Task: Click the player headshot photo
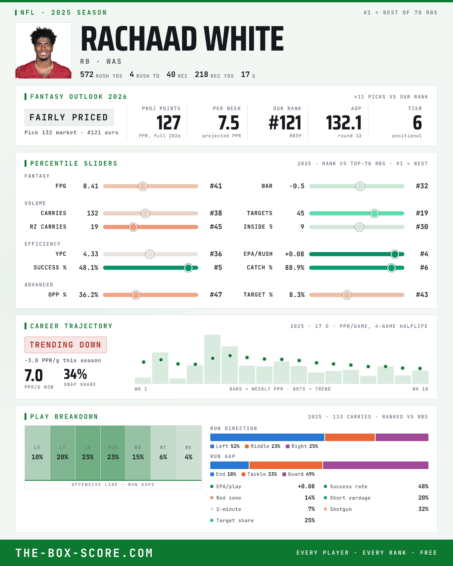pyautogui.click(x=43, y=51)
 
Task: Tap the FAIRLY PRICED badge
pyautogui.click(x=69, y=117)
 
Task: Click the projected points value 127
pyautogui.click(x=168, y=123)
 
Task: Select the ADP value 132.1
pyautogui.click(x=344, y=123)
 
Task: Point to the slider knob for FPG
pyautogui.click(x=143, y=186)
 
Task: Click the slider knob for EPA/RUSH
pyautogui.click(x=394, y=254)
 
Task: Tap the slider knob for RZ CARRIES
pyautogui.click(x=133, y=227)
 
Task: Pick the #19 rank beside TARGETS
pyautogui.click(x=422, y=213)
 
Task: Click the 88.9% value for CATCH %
pyautogui.click(x=294, y=268)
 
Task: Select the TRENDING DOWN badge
pyautogui.click(x=66, y=345)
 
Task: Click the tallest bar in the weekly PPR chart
pyautogui.click(x=212, y=359)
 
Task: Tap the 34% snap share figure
pyautogui.click(x=75, y=374)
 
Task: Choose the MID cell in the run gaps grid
pyautogui.click(x=113, y=453)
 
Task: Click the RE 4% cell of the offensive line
pyautogui.click(x=188, y=453)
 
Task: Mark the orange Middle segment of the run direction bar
pyautogui.click(x=350, y=437)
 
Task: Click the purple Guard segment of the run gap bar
pyautogui.click(x=376, y=465)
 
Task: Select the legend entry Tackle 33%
pyautogui.click(x=259, y=474)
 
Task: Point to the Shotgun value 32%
pyautogui.click(x=423, y=509)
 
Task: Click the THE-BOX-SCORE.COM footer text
pyautogui.click(x=84, y=553)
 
